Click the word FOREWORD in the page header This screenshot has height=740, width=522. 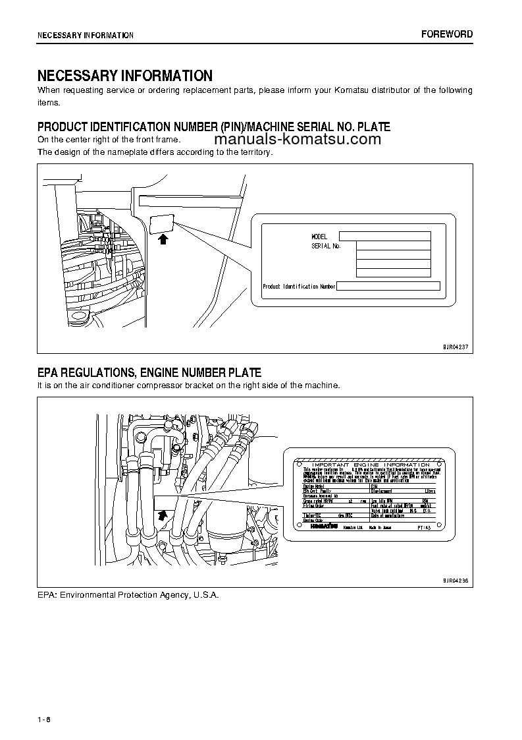click(447, 34)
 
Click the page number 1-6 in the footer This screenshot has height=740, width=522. click(43, 719)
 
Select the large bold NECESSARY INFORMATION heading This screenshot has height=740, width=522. click(124, 76)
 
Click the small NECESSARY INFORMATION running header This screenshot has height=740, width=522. click(85, 35)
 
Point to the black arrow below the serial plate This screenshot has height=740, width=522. click(163, 239)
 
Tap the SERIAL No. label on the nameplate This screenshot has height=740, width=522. click(326, 246)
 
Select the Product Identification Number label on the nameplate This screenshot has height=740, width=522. click(299, 287)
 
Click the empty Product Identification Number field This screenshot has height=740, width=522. click(388, 287)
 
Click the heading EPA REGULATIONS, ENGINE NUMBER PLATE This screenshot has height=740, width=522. click(149, 373)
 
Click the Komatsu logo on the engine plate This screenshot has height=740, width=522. click(321, 527)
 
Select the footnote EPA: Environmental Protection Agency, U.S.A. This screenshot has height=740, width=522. click(128, 594)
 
